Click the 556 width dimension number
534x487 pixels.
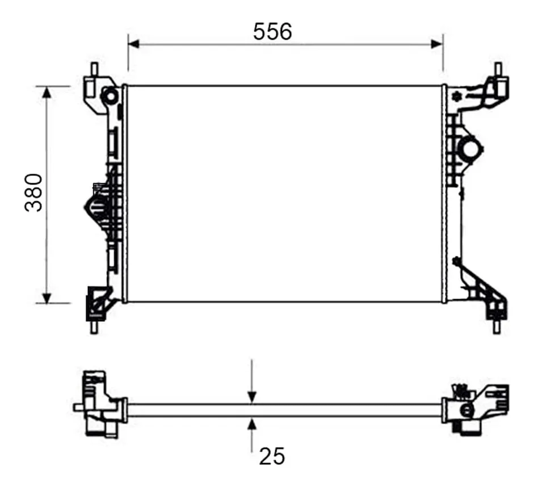pyautogui.click(x=272, y=32)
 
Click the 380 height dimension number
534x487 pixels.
pyautogui.click(x=34, y=193)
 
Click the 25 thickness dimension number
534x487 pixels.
pyautogui.click(x=272, y=456)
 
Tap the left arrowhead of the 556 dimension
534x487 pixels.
pyautogui.click(x=134, y=44)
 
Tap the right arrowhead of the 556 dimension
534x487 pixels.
pyautogui.click(x=437, y=44)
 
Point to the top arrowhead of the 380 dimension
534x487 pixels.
pyautogui.click(x=47, y=92)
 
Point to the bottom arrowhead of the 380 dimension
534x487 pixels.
pyautogui.click(x=47, y=297)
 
